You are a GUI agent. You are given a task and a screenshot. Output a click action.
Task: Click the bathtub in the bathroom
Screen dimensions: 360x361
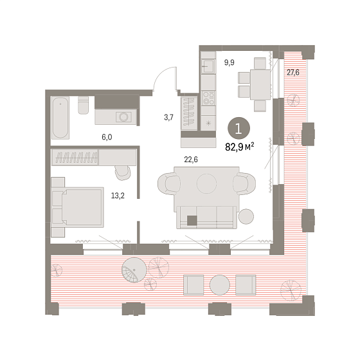click(x=60, y=118)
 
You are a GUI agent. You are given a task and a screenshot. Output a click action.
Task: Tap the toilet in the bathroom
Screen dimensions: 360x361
click(x=83, y=105)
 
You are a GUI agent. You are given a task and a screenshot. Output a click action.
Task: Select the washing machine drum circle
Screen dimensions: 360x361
click(x=123, y=117)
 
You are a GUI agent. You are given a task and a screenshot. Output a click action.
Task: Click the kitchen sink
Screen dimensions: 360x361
click(x=208, y=66)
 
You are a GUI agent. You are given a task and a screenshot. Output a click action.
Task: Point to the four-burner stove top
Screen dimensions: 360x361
click(x=208, y=98)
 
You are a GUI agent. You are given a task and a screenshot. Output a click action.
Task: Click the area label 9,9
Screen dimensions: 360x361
click(x=230, y=62)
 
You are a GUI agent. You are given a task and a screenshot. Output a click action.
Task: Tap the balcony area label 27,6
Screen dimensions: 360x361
click(x=293, y=73)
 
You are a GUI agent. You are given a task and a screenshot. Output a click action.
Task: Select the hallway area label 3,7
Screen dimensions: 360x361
click(x=168, y=117)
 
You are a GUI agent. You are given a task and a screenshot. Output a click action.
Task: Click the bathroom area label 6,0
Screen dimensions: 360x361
click(x=107, y=137)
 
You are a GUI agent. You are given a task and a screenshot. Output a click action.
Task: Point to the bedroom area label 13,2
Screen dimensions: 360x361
click(x=118, y=196)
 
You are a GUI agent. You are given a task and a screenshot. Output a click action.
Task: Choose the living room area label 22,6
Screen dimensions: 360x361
click(x=191, y=160)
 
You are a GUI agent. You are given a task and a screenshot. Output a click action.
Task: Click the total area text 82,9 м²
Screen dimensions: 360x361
click(x=240, y=147)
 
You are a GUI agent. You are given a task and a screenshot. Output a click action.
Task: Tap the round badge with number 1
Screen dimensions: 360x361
click(x=239, y=128)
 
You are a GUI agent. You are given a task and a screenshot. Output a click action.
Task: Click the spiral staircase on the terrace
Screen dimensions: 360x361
click(x=134, y=270)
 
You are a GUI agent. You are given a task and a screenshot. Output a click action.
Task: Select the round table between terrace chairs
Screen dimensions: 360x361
click(x=220, y=285)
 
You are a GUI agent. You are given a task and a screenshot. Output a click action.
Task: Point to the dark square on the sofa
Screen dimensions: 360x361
click(x=192, y=221)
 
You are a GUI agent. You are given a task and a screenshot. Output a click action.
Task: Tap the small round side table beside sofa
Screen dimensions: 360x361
click(x=246, y=216)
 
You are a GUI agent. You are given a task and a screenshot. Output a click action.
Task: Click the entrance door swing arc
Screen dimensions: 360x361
click(x=159, y=73)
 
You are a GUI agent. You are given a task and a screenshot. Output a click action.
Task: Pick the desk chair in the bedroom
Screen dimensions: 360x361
click(x=123, y=172)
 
